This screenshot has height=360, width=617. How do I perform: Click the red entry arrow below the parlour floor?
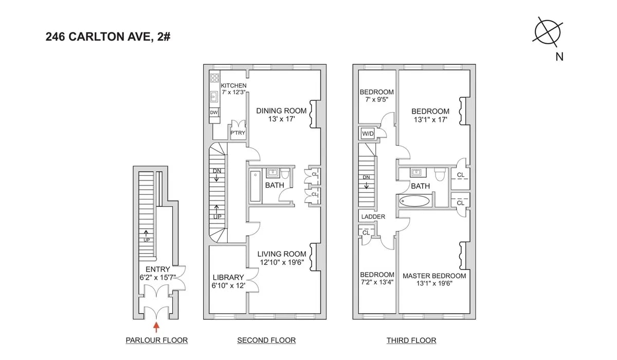point(157,325)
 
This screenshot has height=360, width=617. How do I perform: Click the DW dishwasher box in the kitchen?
point(214,112)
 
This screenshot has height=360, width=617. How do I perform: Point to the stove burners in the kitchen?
point(214,79)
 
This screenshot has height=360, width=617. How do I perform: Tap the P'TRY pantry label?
point(238,133)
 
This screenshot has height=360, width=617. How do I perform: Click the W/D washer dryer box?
point(368,134)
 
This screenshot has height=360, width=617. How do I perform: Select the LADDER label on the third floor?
point(373,217)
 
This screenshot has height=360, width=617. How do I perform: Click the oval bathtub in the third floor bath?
point(414,201)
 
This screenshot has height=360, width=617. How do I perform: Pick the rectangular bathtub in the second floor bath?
point(256,186)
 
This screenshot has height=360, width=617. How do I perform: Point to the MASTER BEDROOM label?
point(434,276)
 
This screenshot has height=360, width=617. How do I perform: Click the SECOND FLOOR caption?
point(266,340)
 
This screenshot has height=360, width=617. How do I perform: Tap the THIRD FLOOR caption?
point(411,340)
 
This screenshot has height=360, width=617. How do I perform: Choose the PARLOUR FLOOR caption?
point(156,340)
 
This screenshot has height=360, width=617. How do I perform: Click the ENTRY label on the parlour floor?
point(157,269)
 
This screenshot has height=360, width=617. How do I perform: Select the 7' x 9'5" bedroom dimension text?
point(376,101)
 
